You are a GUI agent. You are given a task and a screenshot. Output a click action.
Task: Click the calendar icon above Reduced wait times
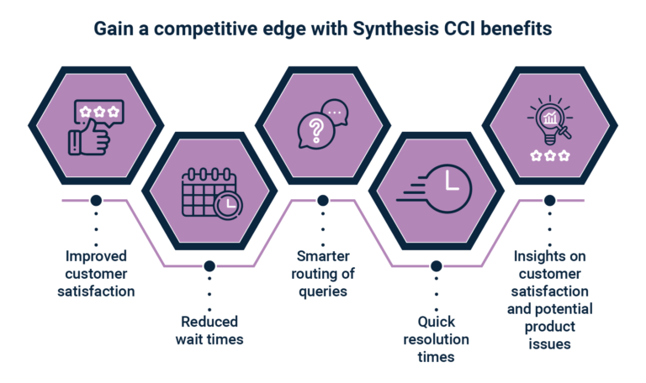pos(212,192)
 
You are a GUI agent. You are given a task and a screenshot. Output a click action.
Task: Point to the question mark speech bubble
pos(315,131)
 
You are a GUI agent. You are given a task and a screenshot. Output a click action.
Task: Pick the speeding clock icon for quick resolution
pos(434,188)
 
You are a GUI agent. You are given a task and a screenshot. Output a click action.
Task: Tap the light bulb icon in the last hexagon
pos(550,120)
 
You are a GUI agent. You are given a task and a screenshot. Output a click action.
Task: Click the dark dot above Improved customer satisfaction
pos(96,201)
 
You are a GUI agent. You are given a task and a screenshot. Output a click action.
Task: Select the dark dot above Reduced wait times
pos(209,265)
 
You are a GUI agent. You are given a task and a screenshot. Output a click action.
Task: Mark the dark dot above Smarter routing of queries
pos(323,201)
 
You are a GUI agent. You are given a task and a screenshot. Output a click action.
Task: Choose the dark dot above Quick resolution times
pos(437,265)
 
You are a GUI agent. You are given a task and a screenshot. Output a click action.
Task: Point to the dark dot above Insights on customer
pos(549,201)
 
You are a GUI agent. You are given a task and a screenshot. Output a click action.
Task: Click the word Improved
pos(96,257)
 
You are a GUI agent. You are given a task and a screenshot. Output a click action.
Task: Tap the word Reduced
pos(209,322)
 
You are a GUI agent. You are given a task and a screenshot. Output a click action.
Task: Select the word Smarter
pos(323,256)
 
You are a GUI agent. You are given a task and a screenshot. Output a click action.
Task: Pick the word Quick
pos(437,322)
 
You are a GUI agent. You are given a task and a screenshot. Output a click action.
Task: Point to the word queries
pos(323,291)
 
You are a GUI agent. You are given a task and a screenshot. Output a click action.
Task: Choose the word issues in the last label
pos(549,344)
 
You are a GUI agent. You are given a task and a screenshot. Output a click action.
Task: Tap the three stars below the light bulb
pos(550,156)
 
